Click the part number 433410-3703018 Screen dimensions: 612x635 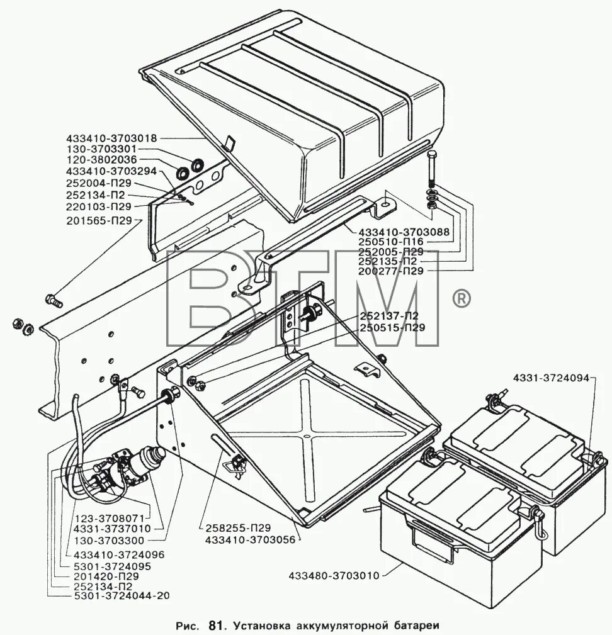coord(110,137)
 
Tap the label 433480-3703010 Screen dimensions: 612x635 coord(334,575)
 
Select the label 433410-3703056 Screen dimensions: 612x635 coord(251,539)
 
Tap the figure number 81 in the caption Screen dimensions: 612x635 coord(215,626)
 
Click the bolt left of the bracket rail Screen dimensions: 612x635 coord(54,299)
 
